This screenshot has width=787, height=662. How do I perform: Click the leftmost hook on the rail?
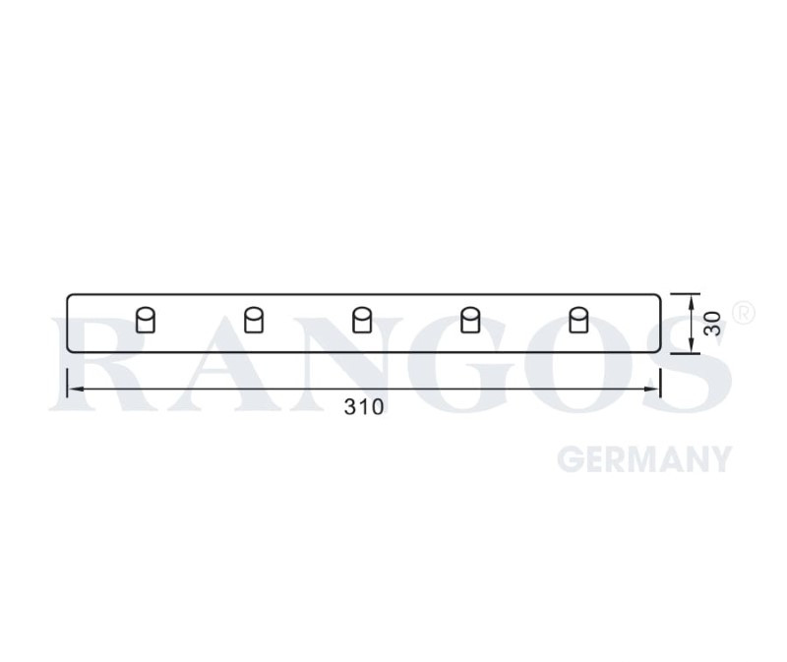point(146,321)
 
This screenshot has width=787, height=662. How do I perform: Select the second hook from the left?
point(254,321)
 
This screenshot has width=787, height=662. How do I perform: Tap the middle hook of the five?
point(362,321)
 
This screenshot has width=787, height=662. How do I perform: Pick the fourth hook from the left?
point(470,321)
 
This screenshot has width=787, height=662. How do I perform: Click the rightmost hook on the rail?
point(578,321)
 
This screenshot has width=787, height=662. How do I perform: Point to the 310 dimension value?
point(364,407)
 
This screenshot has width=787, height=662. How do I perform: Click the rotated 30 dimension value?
point(712,324)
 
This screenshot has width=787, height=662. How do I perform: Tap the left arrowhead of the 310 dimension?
point(76,389)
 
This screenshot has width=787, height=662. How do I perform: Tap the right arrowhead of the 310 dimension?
point(651,389)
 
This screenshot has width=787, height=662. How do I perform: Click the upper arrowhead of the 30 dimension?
point(692,302)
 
